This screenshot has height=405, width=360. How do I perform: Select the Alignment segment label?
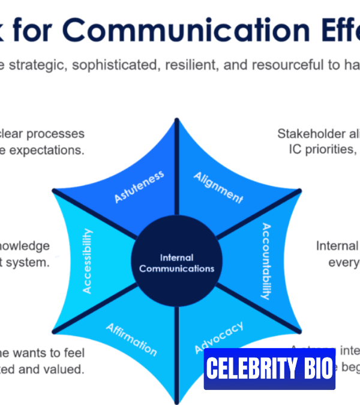[x=218, y=187]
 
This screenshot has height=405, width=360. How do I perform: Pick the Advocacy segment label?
[x=219, y=337]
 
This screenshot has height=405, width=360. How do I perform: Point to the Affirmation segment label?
[x=131, y=339]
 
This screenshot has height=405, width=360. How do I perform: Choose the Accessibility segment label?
[x=88, y=260]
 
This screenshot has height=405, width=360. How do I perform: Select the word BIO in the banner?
[x=317, y=368]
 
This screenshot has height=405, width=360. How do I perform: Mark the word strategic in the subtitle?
[x=35, y=65]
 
